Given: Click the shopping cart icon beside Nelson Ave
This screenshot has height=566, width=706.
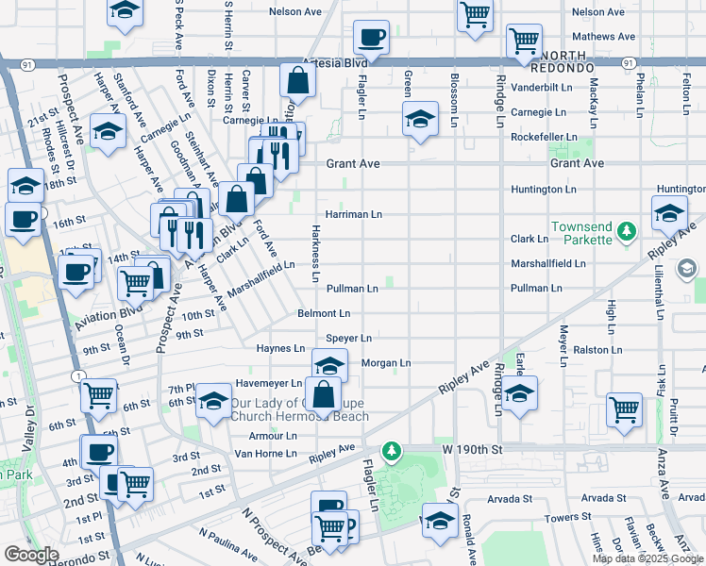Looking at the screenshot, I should point(476,14).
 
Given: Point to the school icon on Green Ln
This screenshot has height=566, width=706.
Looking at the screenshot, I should point(420,119).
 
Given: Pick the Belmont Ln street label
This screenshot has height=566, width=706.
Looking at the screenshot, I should point(324,313).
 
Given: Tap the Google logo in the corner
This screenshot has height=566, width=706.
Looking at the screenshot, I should point(32,554).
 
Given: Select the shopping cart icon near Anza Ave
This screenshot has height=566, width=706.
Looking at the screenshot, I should point(624,409).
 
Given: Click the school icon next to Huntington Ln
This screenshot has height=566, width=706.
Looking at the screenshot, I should point(669,214).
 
